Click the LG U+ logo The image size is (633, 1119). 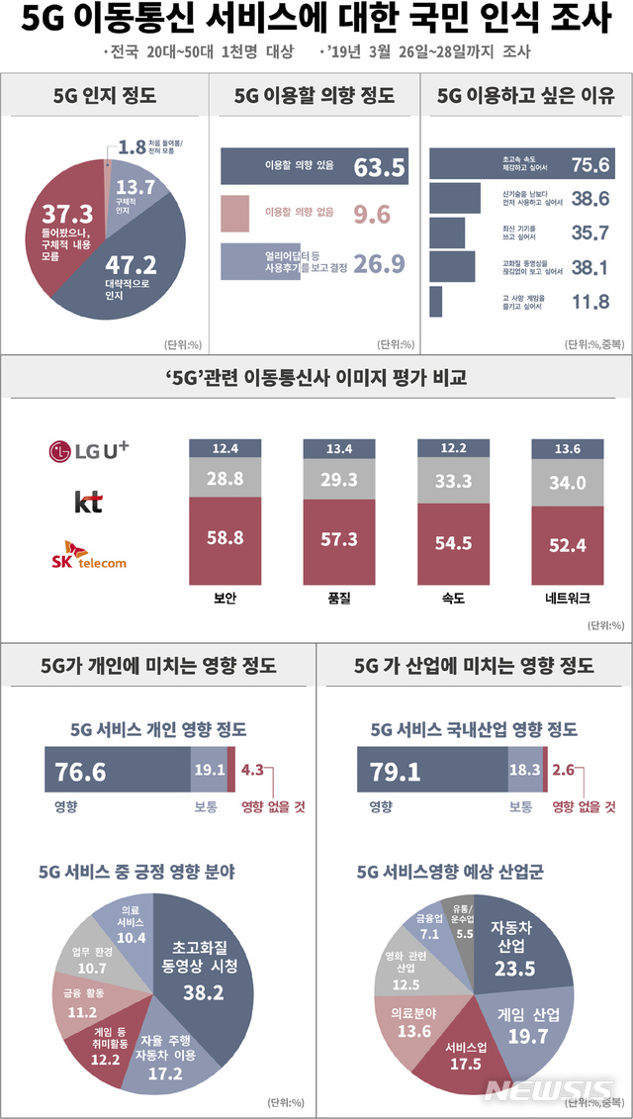tap(89, 451)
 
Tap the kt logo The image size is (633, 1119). tap(88, 503)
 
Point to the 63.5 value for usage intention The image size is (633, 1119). tap(380, 167)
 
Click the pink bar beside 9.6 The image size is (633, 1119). tap(234, 213)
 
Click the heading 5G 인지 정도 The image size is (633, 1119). tap(104, 96)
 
